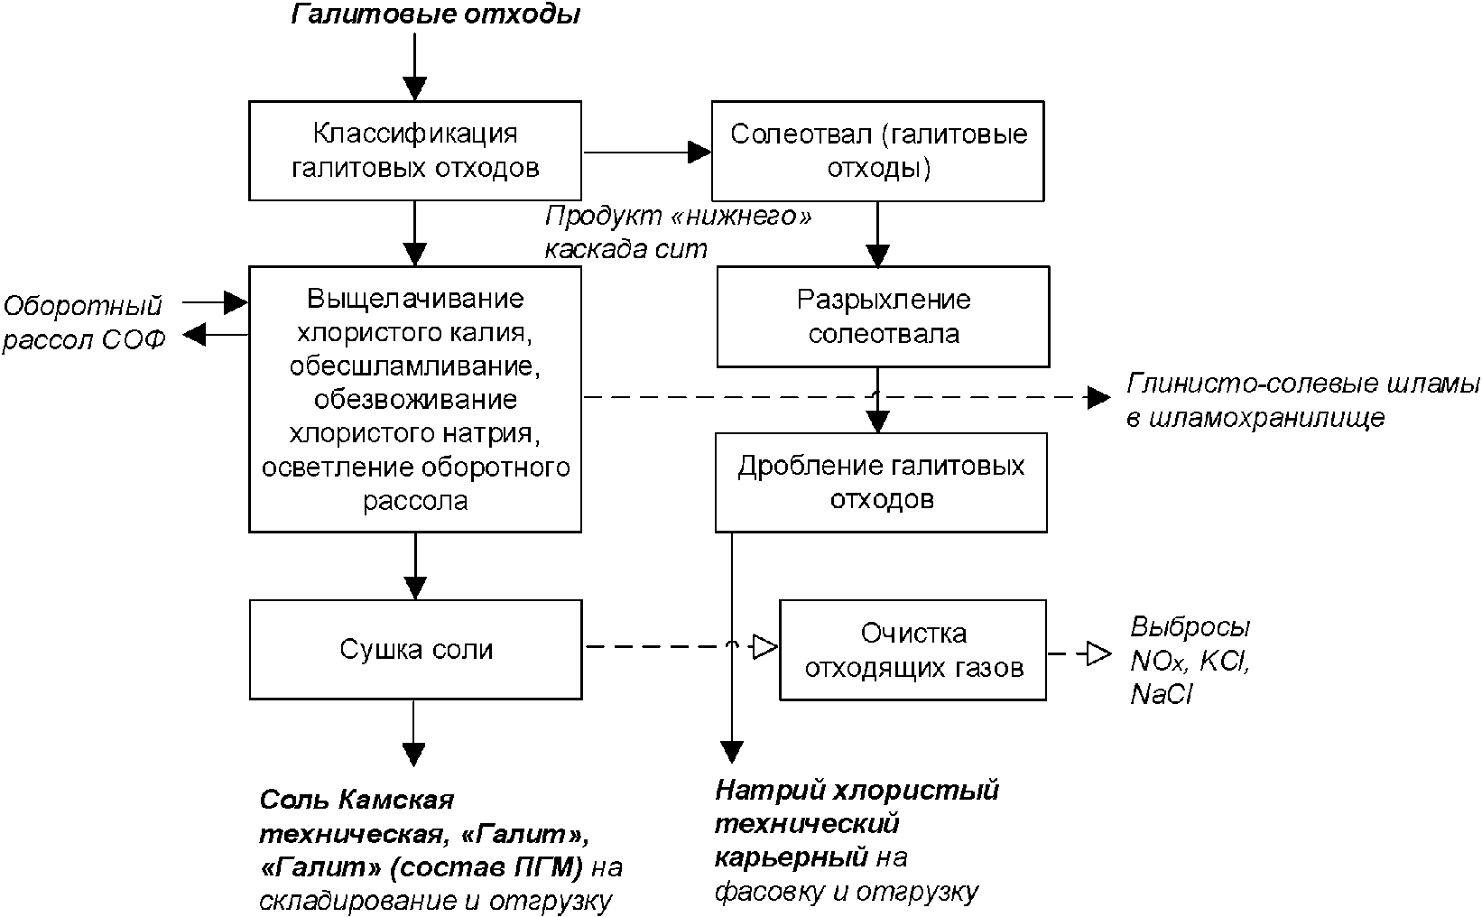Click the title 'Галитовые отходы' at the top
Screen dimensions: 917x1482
pos(434,15)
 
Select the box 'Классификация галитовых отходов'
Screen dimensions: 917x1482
pos(415,151)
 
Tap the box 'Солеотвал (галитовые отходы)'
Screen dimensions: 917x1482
pos(878,151)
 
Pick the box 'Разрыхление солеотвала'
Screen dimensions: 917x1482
pos(883,316)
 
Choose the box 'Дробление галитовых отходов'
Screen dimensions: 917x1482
pos(881,482)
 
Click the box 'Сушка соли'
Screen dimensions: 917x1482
pos(415,649)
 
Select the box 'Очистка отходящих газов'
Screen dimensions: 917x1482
pos(912,650)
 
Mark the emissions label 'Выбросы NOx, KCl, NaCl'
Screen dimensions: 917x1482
pos(1190,661)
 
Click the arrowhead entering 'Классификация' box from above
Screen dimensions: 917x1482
pos(414,87)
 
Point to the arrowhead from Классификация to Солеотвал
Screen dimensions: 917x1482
pos(699,152)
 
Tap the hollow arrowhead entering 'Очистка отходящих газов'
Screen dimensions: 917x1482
pos(765,646)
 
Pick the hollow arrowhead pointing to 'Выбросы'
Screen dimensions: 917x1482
pos(1098,652)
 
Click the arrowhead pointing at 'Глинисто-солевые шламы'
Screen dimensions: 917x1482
pos(1098,396)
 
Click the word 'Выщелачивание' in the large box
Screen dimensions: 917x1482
pos(415,299)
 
